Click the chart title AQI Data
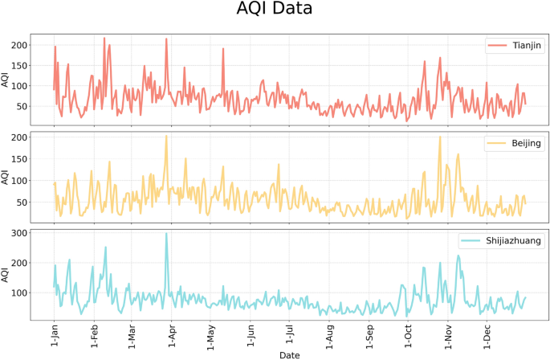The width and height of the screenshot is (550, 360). pos(275,10)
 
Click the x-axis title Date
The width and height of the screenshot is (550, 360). pos(290,354)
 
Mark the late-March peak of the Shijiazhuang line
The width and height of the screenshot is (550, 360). pos(166,234)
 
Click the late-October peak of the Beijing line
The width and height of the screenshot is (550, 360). pos(439,137)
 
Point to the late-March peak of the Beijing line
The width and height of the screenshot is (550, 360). pos(166,136)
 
